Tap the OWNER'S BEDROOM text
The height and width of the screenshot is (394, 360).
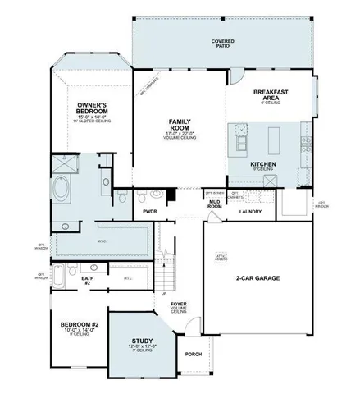[x=93, y=108]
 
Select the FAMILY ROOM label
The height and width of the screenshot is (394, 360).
[x=180, y=125]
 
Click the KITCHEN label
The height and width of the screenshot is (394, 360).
[x=262, y=165]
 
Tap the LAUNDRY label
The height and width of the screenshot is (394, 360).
[x=250, y=212]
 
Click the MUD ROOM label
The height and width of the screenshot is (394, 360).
[x=215, y=204]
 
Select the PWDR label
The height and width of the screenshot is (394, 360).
[x=149, y=211]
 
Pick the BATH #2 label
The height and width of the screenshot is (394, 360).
[x=88, y=281]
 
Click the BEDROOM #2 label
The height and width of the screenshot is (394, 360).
[x=80, y=327]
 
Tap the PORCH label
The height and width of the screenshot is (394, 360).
[x=194, y=355]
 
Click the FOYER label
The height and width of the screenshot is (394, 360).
[x=178, y=305]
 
